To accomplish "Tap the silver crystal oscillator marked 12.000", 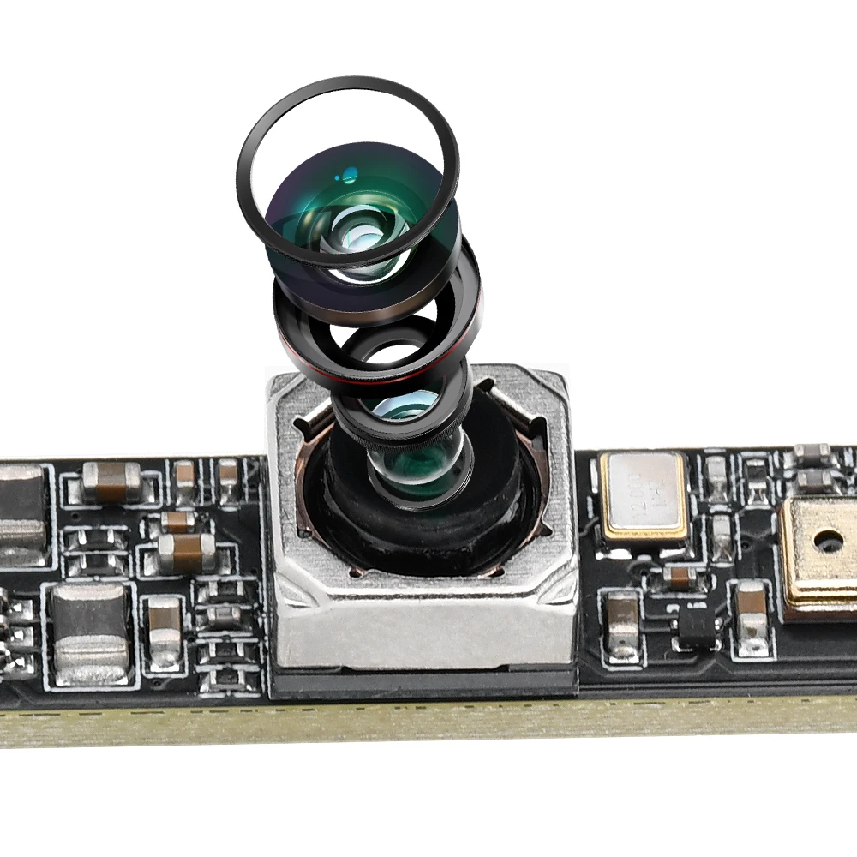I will click(644, 497).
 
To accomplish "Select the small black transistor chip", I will click(697, 622).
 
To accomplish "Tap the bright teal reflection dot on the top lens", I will click(349, 178).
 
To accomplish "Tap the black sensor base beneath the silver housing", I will click(423, 682).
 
